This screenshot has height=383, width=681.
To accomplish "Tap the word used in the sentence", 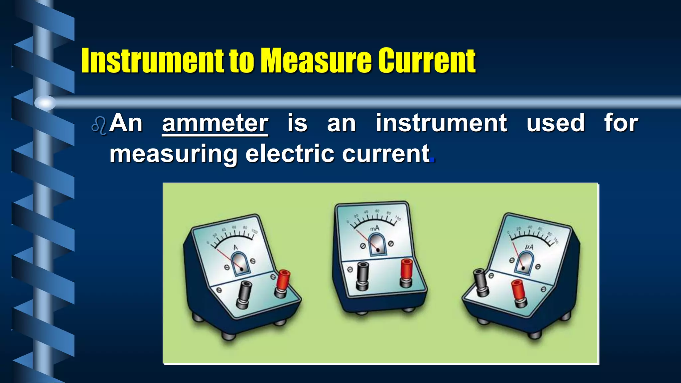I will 555,123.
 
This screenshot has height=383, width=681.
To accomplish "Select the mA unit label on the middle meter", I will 374,228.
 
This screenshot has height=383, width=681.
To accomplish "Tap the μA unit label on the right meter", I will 529,247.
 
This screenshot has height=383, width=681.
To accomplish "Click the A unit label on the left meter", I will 235,248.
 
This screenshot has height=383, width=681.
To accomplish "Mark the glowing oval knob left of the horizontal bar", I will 45,103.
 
